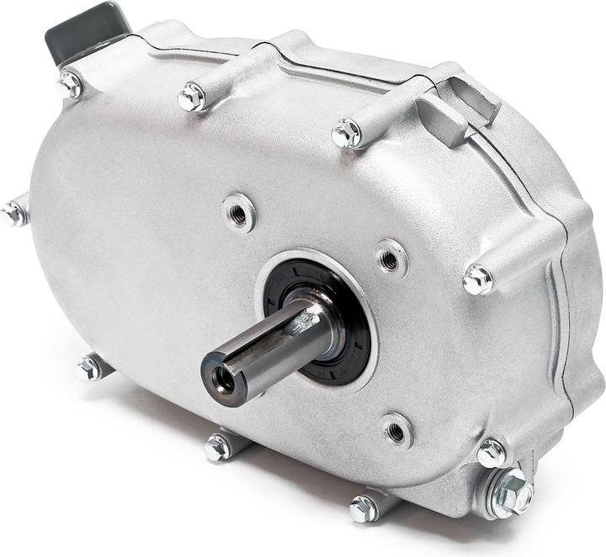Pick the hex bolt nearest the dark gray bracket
(x=69, y=84)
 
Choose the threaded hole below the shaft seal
(x=396, y=430)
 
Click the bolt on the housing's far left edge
(x=13, y=214)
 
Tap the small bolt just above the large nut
(x=492, y=454)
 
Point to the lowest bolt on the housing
(x=363, y=508)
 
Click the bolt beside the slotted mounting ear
(x=347, y=133)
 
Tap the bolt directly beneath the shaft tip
(x=217, y=448)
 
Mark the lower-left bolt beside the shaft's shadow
(x=88, y=368)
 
